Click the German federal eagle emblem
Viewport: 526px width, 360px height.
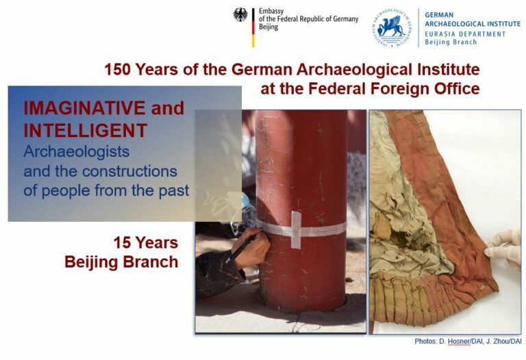point(240,15)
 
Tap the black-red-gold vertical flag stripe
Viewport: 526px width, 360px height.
point(253,27)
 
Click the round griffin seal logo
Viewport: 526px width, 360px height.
point(392,28)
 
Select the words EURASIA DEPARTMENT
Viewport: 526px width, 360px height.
point(465,34)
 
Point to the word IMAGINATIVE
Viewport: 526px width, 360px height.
point(84,108)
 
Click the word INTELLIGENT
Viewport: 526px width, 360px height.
point(85,131)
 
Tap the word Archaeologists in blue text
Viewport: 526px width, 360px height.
point(77,152)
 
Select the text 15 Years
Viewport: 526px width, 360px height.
point(146,243)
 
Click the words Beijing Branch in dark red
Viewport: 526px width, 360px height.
point(121,262)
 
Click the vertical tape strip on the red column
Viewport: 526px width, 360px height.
point(296,229)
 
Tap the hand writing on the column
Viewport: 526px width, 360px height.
point(252,247)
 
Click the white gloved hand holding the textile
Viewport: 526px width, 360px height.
point(503,248)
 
